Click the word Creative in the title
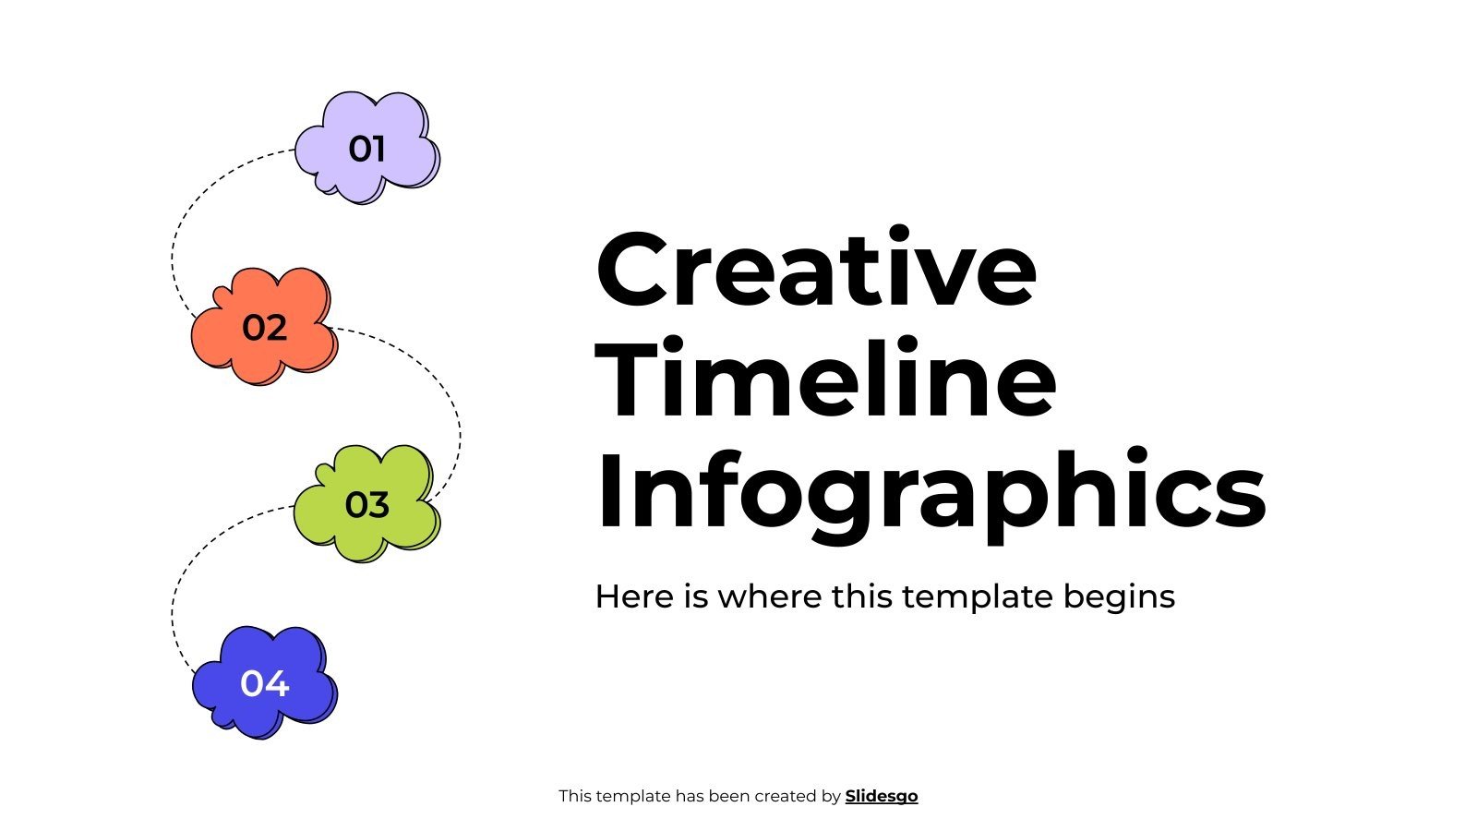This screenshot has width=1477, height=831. point(816,270)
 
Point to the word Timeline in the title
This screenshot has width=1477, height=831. point(826,380)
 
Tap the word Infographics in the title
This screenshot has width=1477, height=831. point(931,491)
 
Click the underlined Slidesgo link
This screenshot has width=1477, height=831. point(882,796)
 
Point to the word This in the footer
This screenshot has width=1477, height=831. point(574,796)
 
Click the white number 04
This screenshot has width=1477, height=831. point(265,684)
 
